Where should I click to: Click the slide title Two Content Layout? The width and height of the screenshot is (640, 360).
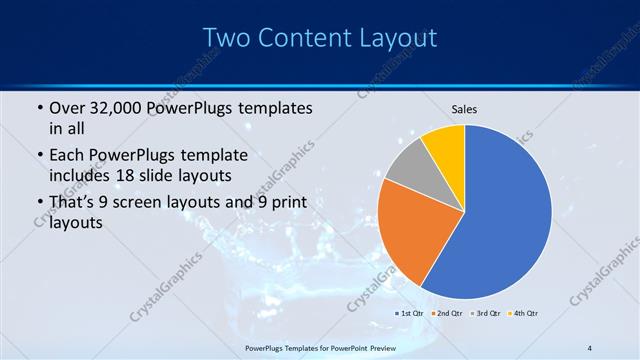point(319,38)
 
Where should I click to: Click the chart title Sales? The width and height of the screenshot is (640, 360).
point(464,108)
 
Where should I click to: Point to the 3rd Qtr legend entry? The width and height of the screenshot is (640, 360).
point(486,314)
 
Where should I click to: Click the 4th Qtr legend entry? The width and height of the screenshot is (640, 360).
point(524,314)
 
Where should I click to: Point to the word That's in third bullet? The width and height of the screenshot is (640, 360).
point(75,203)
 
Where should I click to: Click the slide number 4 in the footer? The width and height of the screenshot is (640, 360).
point(589,347)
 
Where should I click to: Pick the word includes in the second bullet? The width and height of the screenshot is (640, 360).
point(81,176)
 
